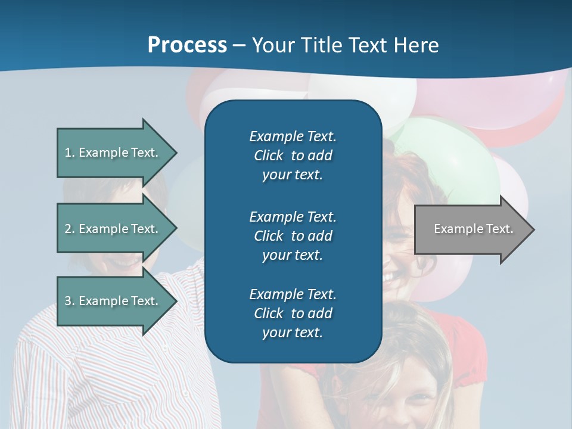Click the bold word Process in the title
(187, 45)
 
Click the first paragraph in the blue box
(293, 156)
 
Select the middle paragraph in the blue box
(293, 235)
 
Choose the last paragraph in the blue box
(293, 313)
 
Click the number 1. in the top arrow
(69, 153)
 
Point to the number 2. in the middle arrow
(69, 229)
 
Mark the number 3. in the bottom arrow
(69, 301)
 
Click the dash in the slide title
(240, 45)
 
